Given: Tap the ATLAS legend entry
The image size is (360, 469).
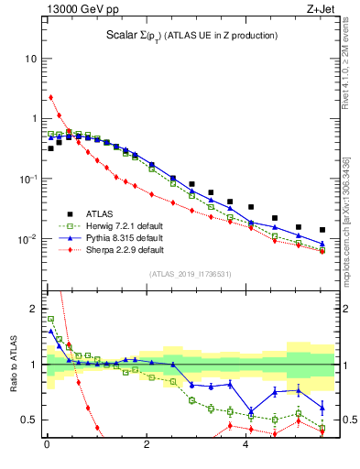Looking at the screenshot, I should (125, 213).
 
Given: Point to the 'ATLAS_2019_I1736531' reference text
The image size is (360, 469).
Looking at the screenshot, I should (190, 274).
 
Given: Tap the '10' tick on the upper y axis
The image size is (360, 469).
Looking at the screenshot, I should (30, 59).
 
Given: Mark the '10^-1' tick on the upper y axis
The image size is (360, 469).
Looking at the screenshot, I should (28, 178).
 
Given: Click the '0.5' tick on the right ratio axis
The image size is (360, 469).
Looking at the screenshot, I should (348, 420).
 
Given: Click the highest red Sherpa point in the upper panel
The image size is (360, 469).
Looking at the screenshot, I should (51, 97).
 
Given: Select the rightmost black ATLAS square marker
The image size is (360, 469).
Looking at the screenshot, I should (322, 230).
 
